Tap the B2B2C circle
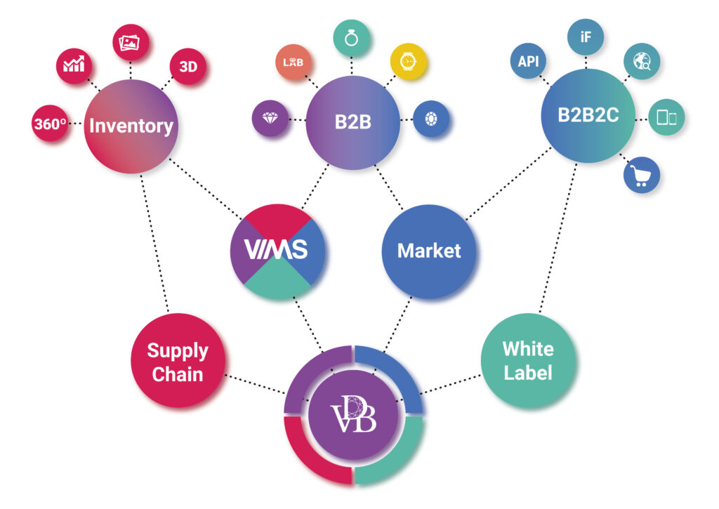pos(588,116)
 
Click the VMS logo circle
pos(278,251)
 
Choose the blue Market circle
pos(429,251)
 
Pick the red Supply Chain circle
pos(178,361)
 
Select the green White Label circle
pos(528,360)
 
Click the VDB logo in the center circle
pos(353,416)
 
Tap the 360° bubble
pos(50,125)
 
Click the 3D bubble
pos(188,67)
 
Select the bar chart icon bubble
pos(74,65)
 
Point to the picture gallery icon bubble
pos(131,43)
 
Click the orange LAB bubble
pos(293,62)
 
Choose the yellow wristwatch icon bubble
pos(408,61)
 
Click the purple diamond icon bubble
pos(270,119)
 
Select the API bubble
pos(528,62)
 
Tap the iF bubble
pos(586,37)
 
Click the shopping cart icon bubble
pos(641,174)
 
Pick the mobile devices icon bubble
pos(666,118)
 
